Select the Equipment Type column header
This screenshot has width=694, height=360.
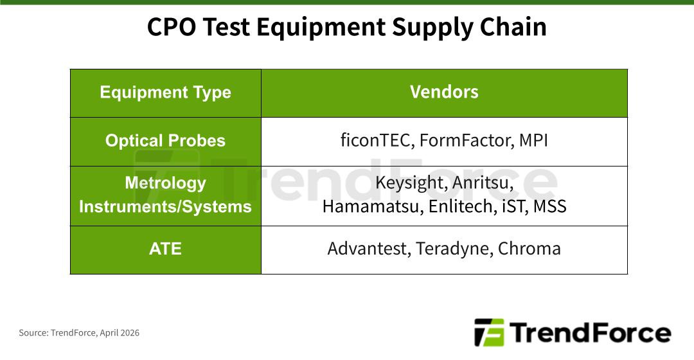[165, 93]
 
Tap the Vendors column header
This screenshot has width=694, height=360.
[444, 92]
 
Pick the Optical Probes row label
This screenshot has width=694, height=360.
[165, 141]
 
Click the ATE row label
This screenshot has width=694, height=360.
[165, 249]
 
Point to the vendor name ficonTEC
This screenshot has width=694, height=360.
[377, 140]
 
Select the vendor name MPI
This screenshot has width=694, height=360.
[533, 140]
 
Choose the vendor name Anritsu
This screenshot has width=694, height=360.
[483, 183]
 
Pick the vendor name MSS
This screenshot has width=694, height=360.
[549, 206]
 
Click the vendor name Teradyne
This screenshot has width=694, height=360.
[453, 249]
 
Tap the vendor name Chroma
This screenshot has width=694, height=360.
[529, 249]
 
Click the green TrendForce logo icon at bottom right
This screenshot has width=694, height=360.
[489, 332]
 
